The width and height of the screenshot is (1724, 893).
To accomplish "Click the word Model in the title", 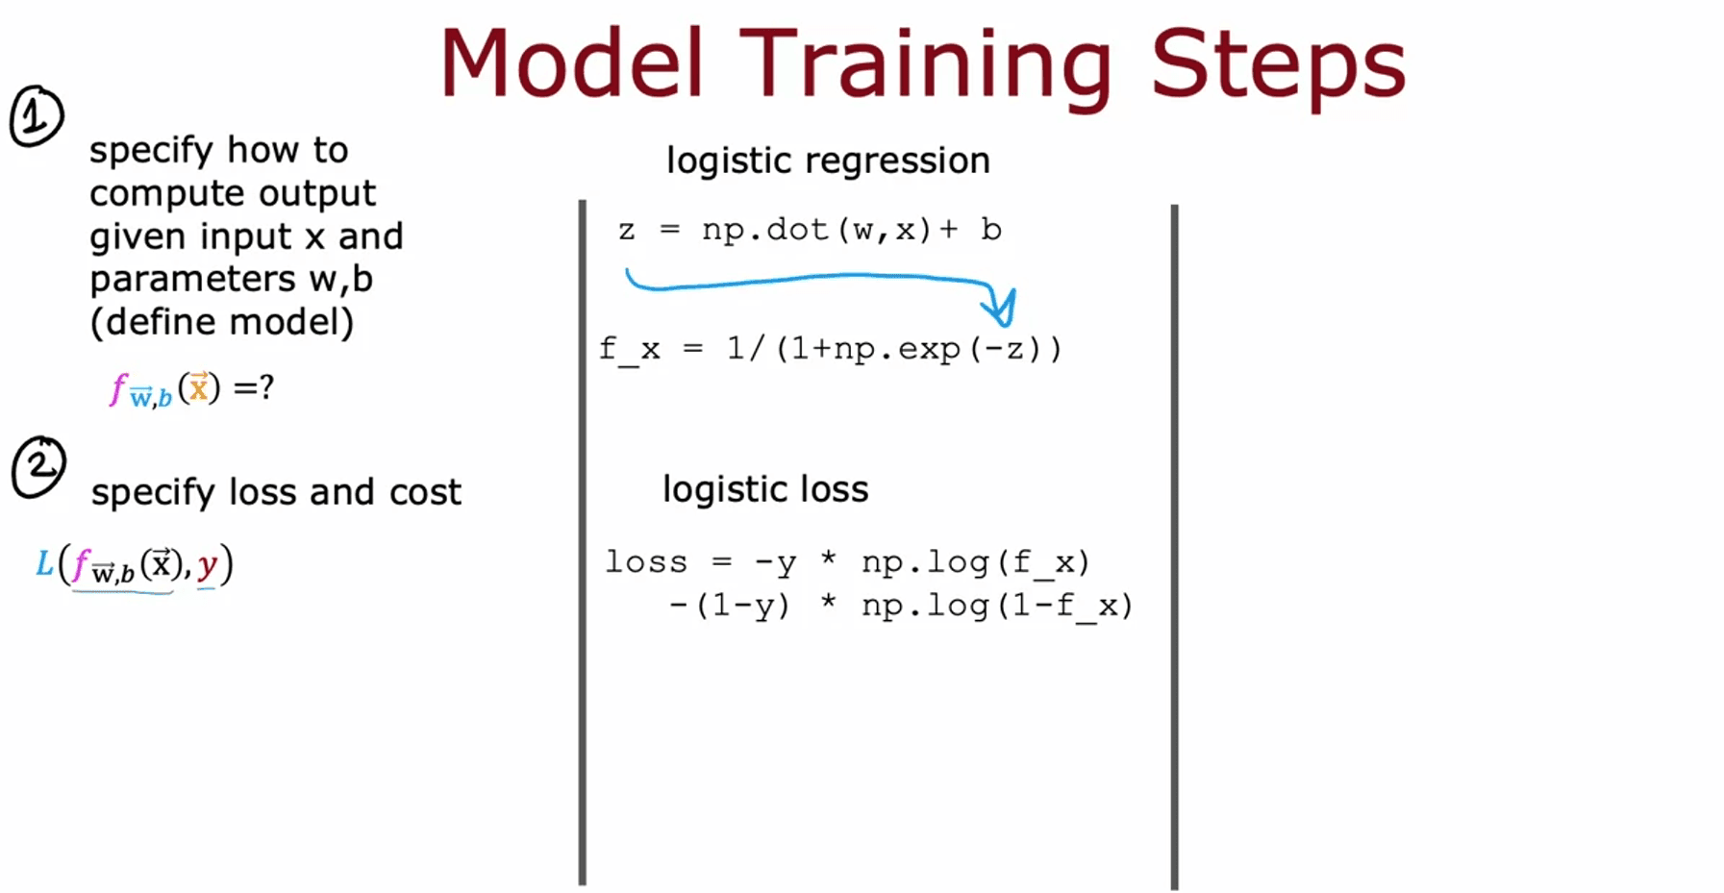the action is (572, 63).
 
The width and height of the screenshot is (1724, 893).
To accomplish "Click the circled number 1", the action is (37, 116).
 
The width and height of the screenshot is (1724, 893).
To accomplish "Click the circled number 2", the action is (38, 468).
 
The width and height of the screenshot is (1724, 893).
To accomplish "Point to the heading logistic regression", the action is (828, 161).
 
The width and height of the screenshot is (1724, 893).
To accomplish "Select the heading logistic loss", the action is (765, 490).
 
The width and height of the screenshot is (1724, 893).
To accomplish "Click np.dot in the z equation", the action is (764, 230).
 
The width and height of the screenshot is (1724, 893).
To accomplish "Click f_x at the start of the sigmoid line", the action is (630, 348).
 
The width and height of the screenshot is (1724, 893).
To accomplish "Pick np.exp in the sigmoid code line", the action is (897, 349).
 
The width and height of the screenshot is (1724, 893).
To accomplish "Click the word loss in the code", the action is (646, 561).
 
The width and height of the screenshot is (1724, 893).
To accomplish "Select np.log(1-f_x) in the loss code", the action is (997, 606).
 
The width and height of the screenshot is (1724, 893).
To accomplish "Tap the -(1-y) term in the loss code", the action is (730, 606).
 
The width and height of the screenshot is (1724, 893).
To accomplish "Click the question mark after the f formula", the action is (266, 387).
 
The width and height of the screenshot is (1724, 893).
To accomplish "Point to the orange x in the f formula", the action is (198, 387).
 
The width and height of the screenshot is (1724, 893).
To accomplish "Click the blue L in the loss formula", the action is (44, 563).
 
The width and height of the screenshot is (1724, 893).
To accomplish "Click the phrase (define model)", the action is (222, 322).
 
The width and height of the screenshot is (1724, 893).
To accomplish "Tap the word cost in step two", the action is (425, 493).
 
